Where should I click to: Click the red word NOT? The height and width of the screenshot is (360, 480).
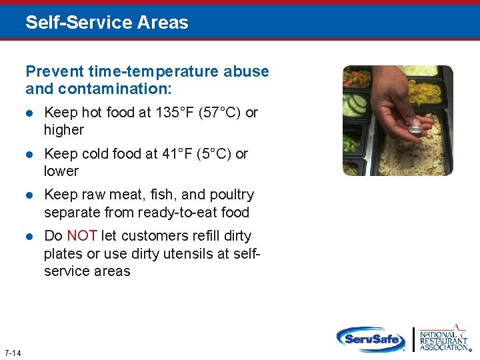[x=82, y=236]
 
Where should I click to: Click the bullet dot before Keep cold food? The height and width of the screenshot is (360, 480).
[x=29, y=155]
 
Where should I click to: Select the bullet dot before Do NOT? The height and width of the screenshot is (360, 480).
[x=29, y=237]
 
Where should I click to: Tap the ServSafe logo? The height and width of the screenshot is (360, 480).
[x=370, y=339]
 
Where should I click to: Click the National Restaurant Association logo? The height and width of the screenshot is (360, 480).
[x=443, y=338]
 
